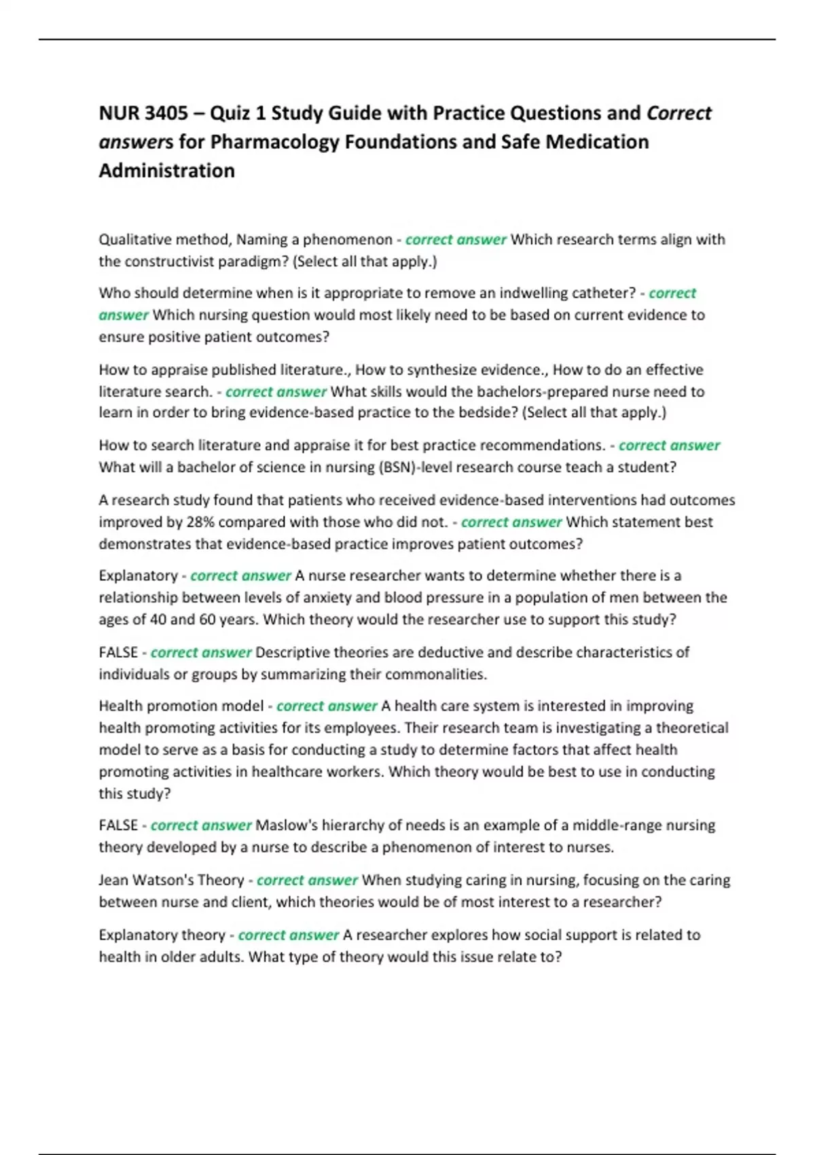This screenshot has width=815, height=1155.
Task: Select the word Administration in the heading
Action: click(x=167, y=171)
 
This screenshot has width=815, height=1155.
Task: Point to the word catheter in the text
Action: click(x=600, y=293)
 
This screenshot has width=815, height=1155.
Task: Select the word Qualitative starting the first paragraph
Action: click(x=135, y=239)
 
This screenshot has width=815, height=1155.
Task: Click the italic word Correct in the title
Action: click(x=678, y=113)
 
